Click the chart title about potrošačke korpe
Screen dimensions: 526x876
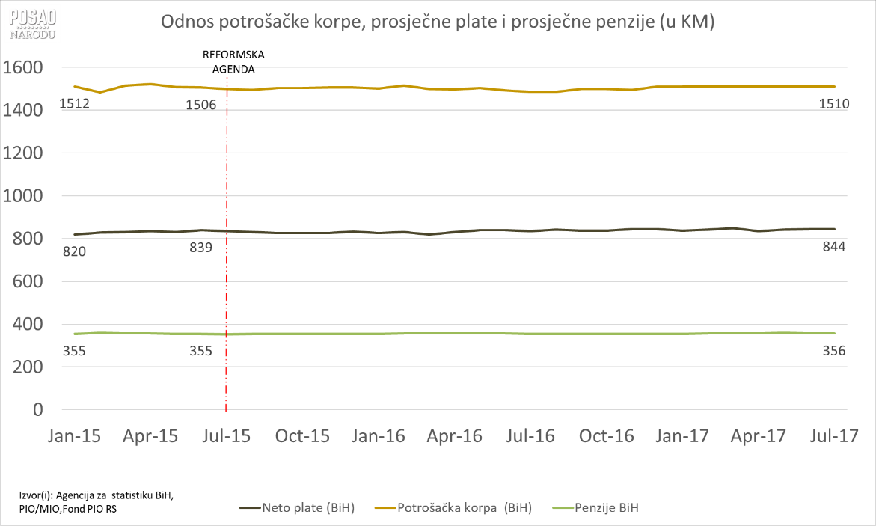click(x=438, y=23)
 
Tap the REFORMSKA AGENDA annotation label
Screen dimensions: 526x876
click(x=233, y=61)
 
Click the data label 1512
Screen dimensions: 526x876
click(x=74, y=104)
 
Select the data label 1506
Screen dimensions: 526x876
click(x=200, y=104)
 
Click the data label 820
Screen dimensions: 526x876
click(x=74, y=251)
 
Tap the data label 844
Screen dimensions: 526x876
click(x=832, y=248)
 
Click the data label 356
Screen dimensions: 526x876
click(x=832, y=351)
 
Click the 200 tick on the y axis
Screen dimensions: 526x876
click(x=27, y=367)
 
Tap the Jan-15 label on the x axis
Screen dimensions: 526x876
click(x=75, y=436)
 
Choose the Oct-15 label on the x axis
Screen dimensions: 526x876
click(x=302, y=436)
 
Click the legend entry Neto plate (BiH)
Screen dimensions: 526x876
click(x=297, y=508)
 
